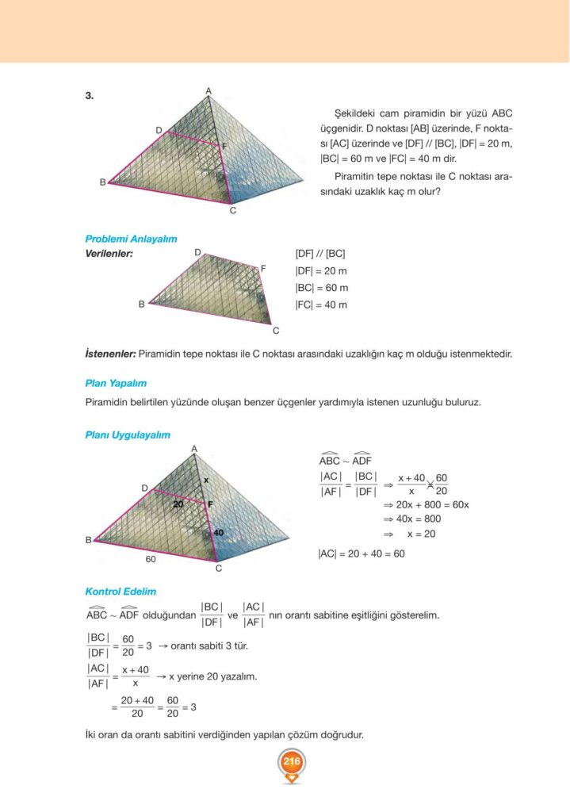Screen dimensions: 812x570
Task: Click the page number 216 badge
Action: pos(291,762)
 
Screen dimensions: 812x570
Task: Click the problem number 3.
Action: pos(90,96)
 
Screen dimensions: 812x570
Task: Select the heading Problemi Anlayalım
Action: pos(131,239)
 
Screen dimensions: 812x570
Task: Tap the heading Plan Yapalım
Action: pos(116,383)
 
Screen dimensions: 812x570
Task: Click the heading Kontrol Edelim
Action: pos(121,592)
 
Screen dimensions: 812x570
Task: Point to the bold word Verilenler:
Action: pos(109,254)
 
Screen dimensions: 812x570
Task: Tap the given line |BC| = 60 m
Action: pos(321,288)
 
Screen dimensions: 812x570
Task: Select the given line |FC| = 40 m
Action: pos(321,304)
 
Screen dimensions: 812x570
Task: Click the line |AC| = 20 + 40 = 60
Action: pos(361,553)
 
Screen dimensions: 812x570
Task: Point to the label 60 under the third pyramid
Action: pos(150,559)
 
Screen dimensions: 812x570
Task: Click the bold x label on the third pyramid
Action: pos(205,480)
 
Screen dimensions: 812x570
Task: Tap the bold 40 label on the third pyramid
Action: pos(218,533)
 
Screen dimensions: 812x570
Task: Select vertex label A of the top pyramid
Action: pos(208,91)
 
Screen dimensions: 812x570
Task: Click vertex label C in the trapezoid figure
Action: pos(276,331)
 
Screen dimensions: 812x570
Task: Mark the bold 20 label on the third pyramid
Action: pos(179,504)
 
